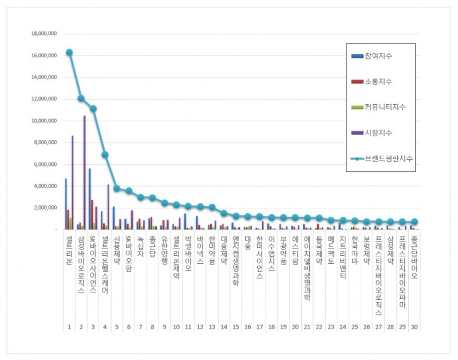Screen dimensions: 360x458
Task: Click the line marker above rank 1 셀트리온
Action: (69, 52)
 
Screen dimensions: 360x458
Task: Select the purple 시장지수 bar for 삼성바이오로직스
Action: (84, 172)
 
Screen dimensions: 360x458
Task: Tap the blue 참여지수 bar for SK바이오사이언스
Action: (89, 199)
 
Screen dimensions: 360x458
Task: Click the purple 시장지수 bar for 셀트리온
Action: (72, 182)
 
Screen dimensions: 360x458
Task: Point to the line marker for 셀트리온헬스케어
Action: (105, 155)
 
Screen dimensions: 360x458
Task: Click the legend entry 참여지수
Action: (381, 56)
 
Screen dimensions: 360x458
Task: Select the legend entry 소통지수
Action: (381, 82)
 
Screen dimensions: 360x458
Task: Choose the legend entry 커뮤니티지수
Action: (385, 107)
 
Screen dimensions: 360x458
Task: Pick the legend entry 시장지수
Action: (381, 133)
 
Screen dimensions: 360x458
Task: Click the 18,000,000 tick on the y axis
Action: (44, 34)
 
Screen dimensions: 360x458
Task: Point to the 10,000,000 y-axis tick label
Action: (44, 121)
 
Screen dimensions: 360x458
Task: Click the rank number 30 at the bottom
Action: (414, 327)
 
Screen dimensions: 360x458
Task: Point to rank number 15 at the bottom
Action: (236, 327)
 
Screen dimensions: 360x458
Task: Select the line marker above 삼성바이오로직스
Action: (81, 98)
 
